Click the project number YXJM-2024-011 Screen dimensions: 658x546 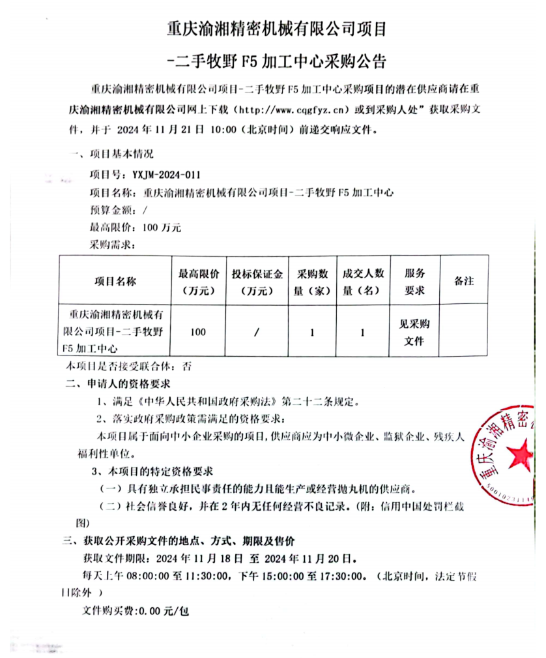pos(166,175)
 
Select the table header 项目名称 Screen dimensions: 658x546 pos(115,282)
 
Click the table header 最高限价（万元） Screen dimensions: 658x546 pos(199,282)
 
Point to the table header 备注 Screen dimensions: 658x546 pos(464,281)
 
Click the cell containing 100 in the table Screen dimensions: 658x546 pos(198,332)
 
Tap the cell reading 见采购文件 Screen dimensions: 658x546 pos(414,332)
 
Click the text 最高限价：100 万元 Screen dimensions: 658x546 pos(136,228)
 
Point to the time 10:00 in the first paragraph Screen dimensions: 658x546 pos(223,129)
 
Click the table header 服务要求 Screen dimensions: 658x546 pos(414,282)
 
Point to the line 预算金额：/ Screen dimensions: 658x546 pos(119,210)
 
